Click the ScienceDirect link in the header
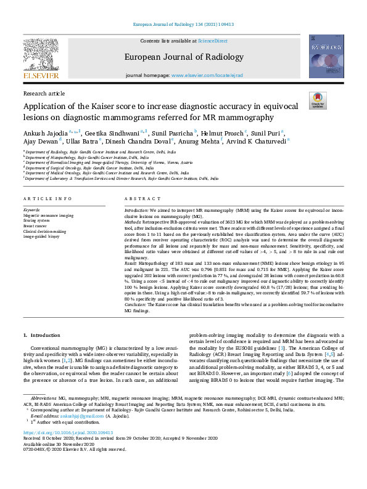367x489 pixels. [212, 40]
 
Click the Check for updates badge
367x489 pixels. [317, 100]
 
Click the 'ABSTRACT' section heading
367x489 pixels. [138, 199]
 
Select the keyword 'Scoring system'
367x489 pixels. [38, 220]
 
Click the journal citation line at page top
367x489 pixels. [183, 25]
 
